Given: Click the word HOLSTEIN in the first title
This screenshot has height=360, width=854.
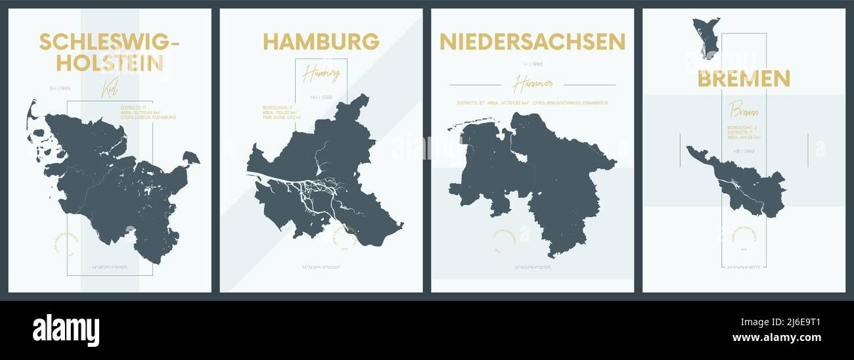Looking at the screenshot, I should [x=110, y=63].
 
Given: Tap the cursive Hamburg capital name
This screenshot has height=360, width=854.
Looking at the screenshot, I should [x=321, y=74].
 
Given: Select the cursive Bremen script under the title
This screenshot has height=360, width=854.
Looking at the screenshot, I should [x=743, y=110].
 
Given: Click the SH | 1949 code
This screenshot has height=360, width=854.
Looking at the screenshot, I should [x=59, y=88].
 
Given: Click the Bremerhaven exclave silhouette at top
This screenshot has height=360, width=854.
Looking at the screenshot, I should [x=706, y=36].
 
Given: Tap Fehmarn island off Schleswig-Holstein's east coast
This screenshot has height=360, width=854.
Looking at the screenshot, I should [x=191, y=158].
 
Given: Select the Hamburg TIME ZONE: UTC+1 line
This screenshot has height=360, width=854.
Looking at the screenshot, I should [x=280, y=118].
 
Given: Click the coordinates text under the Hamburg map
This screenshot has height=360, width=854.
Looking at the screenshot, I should [x=321, y=267].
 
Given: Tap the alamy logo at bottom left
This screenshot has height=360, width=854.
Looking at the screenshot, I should [x=66, y=330].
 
